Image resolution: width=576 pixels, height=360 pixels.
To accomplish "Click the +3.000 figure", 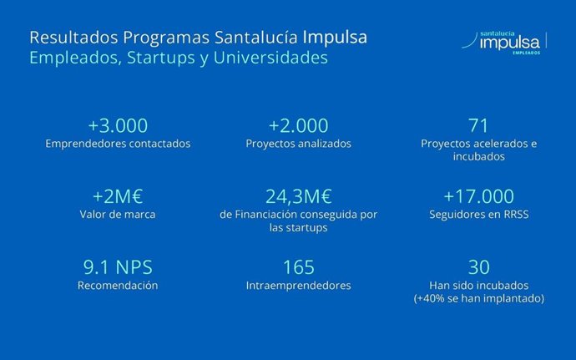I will click(x=118, y=126).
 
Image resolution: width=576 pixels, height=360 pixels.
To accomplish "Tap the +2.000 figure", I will click(x=298, y=126).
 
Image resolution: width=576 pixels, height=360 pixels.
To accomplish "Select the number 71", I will click(x=478, y=126).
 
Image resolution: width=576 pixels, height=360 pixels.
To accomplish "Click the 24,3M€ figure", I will click(x=298, y=196).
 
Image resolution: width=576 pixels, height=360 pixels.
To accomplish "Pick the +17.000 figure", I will click(x=478, y=196).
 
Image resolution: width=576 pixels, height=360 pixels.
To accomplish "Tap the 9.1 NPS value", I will click(x=118, y=267).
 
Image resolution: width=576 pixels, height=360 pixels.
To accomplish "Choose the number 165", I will click(x=298, y=267).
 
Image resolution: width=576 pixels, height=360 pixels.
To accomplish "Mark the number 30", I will click(x=478, y=267).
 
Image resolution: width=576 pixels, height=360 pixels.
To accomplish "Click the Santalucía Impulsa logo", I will click(x=509, y=42).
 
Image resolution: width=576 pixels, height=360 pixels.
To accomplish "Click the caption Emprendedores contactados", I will click(x=118, y=144).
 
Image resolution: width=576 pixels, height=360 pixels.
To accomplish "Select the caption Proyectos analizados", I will click(x=298, y=144).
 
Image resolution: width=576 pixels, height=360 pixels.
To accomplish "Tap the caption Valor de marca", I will click(x=118, y=215).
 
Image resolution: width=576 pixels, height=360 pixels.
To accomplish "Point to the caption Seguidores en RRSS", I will click(x=478, y=215).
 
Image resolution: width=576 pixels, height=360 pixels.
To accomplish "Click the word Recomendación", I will click(x=118, y=286).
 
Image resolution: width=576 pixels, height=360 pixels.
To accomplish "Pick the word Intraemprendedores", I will click(x=298, y=286).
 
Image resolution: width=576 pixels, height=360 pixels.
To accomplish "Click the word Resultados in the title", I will click(x=73, y=38).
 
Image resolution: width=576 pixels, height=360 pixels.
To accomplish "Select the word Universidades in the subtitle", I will click(x=271, y=58).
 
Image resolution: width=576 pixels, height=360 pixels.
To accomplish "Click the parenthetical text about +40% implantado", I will click(x=478, y=298).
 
